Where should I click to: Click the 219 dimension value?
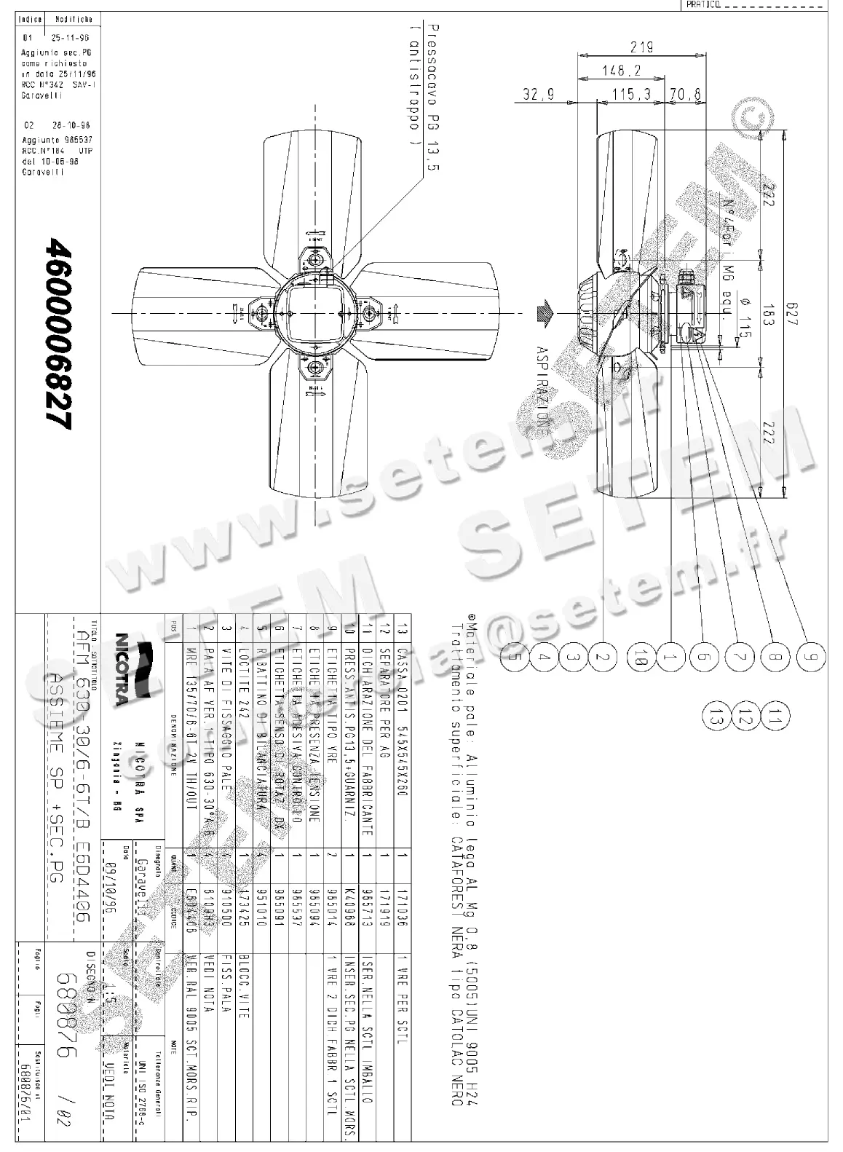pos(641,47)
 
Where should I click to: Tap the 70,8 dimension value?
pos(685,94)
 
